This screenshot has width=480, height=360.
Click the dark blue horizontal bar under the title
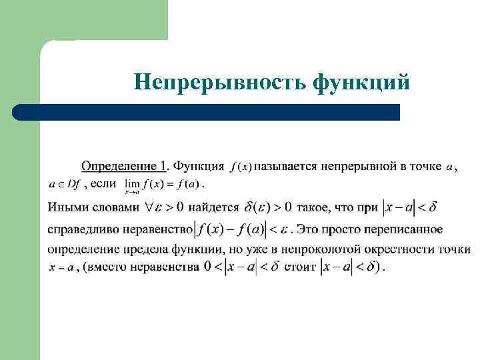coord(207,112)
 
